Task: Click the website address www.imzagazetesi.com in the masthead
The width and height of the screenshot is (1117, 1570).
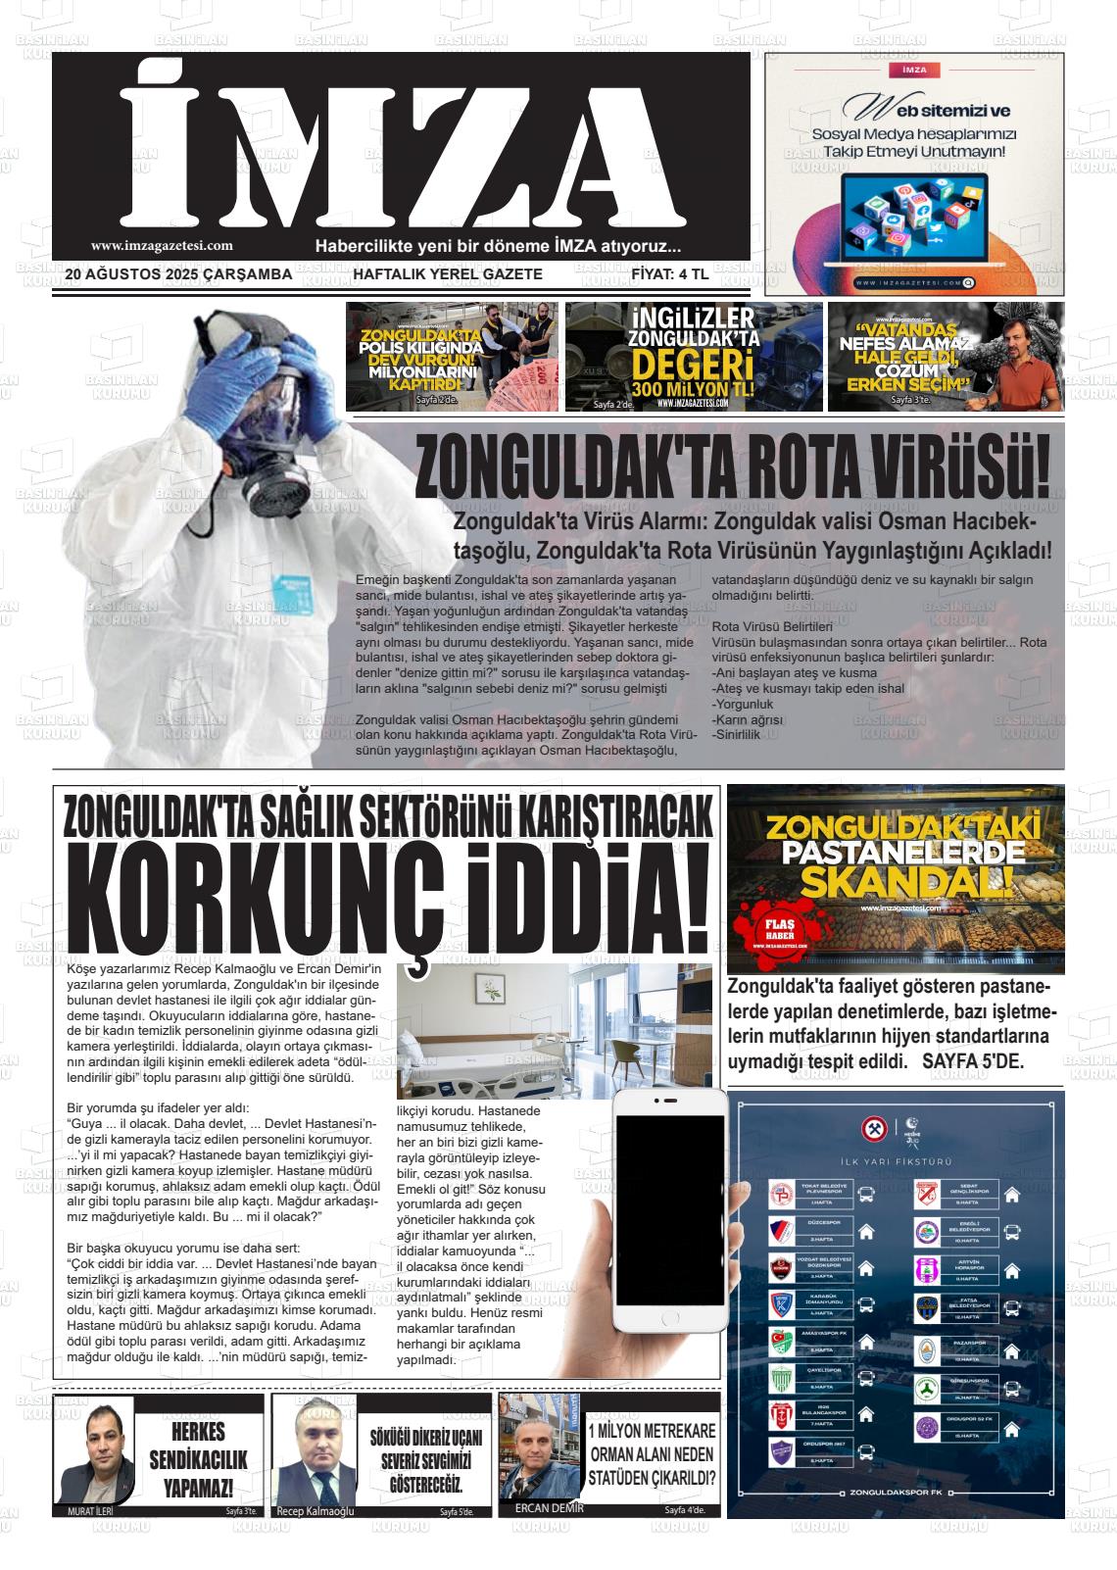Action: [162, 247]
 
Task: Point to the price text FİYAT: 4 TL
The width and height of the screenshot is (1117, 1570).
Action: [669, 274]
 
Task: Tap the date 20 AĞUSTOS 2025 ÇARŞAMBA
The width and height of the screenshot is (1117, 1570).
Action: [179, 274]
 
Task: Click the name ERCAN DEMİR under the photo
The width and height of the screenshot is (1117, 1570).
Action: [549, 1508]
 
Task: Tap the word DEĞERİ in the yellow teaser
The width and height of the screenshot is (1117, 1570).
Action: [692, 369]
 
